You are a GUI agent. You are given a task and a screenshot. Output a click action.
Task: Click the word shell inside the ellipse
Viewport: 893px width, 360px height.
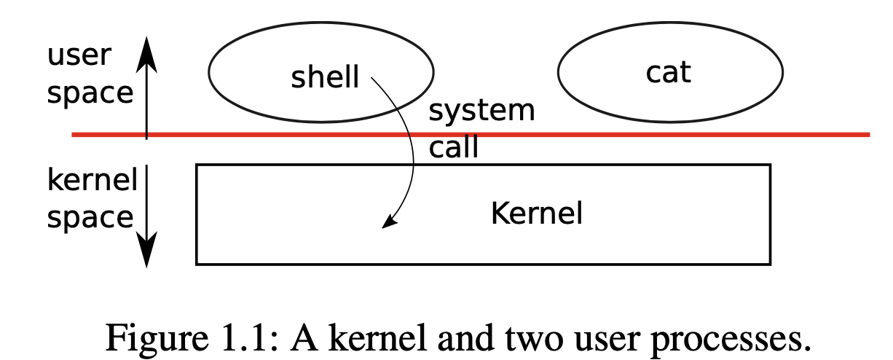click(325, 77)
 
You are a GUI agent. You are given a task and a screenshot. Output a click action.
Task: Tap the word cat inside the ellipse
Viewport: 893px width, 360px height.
click(668, 72)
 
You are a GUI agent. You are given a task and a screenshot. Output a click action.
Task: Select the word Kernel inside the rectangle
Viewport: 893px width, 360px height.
click(537, 214)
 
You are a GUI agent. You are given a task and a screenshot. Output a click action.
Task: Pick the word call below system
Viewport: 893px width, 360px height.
click(453, 148)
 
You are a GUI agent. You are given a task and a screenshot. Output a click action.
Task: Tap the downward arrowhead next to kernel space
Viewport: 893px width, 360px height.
click(147, 251)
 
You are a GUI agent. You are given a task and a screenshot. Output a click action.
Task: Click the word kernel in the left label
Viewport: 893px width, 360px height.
click(92, 179)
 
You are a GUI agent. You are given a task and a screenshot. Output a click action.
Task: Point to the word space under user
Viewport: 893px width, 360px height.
click(90, 93)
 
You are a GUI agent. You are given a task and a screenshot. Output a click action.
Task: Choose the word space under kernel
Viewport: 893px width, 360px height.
click(90, 218)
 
